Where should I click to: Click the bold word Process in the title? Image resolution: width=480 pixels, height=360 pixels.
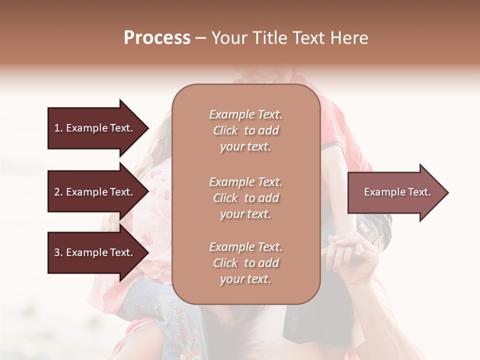157,38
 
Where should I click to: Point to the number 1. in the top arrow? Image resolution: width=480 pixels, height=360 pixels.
58,128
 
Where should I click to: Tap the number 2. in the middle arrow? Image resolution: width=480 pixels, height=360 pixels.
58,192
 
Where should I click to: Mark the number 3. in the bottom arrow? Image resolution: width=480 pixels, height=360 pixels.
58,252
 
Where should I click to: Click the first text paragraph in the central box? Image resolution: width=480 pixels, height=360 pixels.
245,130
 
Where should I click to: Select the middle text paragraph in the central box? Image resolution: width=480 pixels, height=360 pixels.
245,197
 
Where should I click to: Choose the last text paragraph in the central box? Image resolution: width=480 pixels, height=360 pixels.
245,262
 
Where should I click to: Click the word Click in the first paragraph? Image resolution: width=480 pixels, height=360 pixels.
225,130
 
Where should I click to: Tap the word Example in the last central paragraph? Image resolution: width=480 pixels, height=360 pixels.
231,246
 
